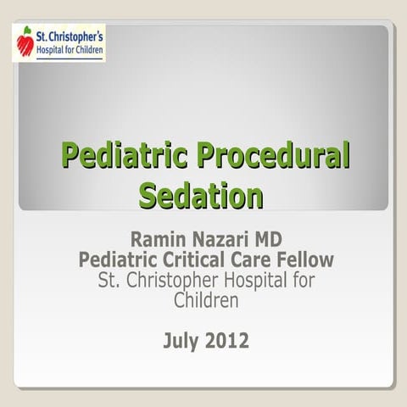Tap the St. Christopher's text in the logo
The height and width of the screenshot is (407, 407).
coord(70,35)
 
